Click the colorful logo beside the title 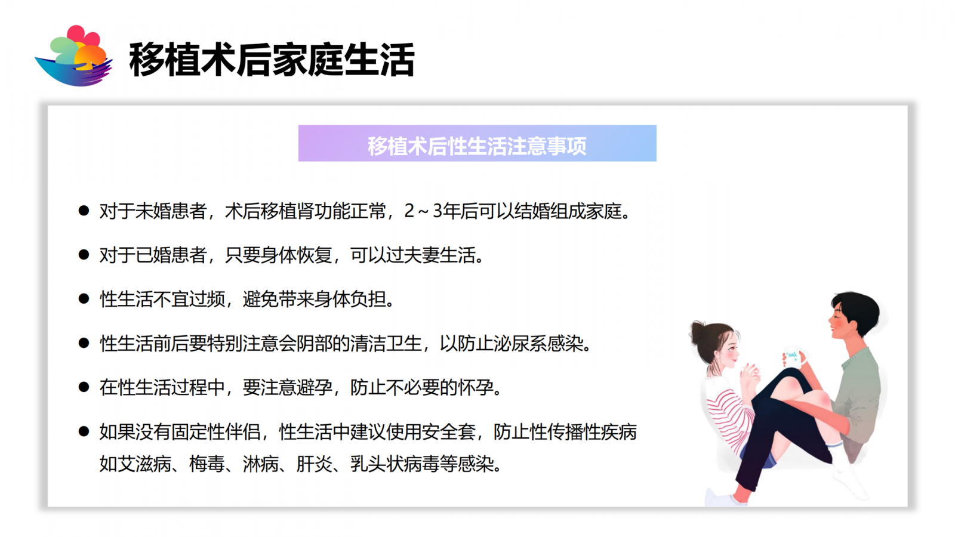(73, 56)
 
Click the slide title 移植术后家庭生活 (272, 60)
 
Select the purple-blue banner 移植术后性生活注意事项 (477, 143)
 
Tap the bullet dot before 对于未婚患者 (84, 211)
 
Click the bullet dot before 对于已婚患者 (84, 255)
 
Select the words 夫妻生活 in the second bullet (439, 255)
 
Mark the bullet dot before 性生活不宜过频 (84, 299)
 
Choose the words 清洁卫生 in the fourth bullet (386, 344)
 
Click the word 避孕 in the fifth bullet (314, 387)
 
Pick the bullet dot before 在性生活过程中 (84, 387)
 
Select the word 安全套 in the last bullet (448, 432)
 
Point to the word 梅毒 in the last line (207, 464)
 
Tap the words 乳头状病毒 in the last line (395, 464)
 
